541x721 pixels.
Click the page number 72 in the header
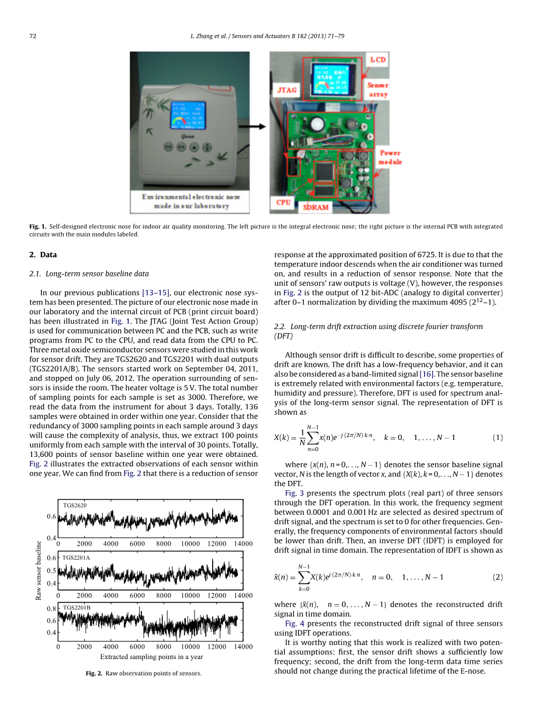(x=33, y=36)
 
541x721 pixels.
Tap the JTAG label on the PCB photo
(x=286, y=91)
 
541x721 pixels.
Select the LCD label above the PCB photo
(x=378, y=60)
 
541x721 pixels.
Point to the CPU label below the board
(x=283, y=202)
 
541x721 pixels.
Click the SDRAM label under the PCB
(x=315, y=207)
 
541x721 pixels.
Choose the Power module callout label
(x=390, y=157)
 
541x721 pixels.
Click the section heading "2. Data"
(x=43, y=255)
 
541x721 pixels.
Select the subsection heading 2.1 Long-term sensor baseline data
(x=89, y=273)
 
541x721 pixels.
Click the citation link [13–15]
(x=155, y=292)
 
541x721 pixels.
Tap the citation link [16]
(x=426, y=374)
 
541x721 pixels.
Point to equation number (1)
(x=497, y=438)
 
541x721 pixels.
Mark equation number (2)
(x=497, y=577)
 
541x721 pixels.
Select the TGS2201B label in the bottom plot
(x=77, y=608)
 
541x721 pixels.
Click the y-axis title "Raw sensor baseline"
(x=39, y=570)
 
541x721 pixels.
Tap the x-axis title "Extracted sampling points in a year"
(x=151, y=656)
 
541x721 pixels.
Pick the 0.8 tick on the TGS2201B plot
(x=51, y=609)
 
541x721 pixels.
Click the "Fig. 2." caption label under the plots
(x=94, y=673)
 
